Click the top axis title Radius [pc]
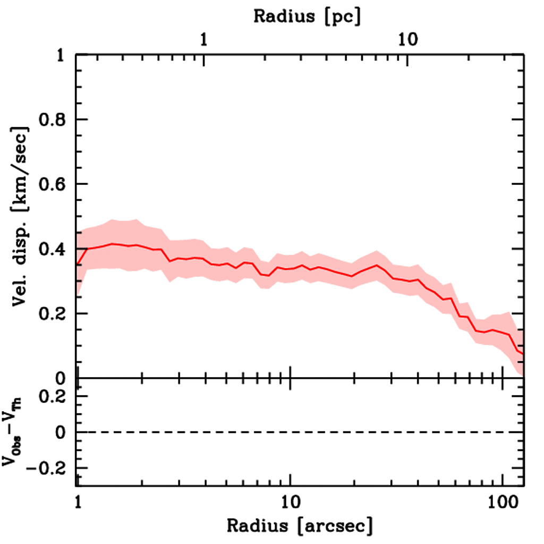(307, 16)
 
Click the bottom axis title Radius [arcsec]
(300, 526)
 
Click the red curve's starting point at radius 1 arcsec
(77, 264)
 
